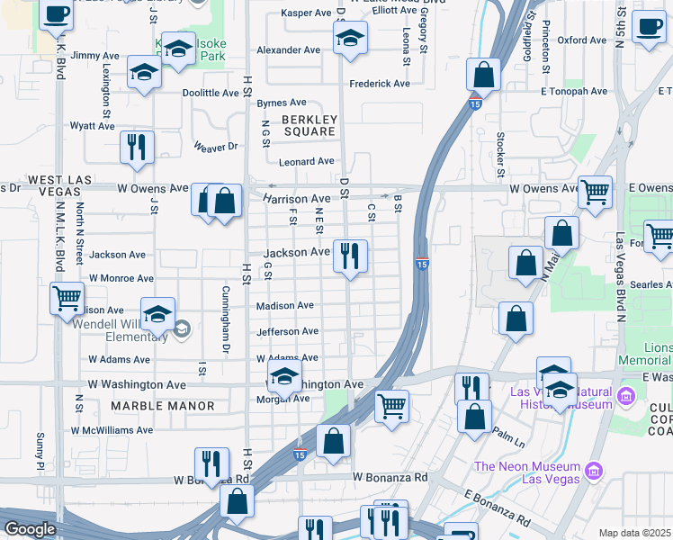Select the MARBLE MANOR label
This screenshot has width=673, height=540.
point(163,406)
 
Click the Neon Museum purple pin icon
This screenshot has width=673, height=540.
point(593,471)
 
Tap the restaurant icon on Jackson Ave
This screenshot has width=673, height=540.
point(349,256)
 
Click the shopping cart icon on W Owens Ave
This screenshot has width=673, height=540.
point(594,191)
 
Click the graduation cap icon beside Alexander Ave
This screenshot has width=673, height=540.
point(349,39)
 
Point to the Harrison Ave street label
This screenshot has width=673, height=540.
point(297,198)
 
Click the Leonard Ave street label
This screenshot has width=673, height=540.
point(306,162)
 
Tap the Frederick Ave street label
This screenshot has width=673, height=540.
point(381,84)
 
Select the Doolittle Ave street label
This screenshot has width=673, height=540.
point(210,93)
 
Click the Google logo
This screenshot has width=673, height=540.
point(30,529)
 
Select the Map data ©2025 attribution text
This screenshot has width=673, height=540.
point(634,533)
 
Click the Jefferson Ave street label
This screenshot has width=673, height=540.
point(287,332)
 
